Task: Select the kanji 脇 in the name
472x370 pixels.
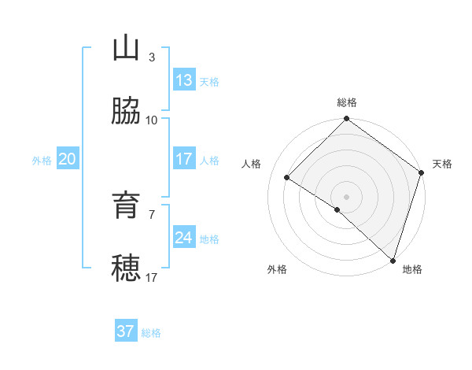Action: [x=126, y=112]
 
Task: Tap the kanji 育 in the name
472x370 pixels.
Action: [x=126, y=205]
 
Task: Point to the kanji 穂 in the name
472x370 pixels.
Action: [x=126, y=268]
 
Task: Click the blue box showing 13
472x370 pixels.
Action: [x=184, y=80]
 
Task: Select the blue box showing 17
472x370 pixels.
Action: [x=184, y=159]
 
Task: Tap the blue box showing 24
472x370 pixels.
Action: [x=184, y=238]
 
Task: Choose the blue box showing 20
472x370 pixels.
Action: [x=67, y=159]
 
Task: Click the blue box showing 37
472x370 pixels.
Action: [x=126, y=331]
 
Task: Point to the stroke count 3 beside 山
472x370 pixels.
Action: [x=152, y=57]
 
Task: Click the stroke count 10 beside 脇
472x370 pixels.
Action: [x=152, y=120]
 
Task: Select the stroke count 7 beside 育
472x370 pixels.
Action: [x=152, y=214]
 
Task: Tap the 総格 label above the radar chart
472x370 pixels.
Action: [x=347, y=102]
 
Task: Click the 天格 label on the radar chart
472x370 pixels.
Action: [x=442, y=164]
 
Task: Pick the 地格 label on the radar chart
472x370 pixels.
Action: [x=412, y=269]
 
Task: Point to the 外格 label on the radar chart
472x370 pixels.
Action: [x=277, y=269]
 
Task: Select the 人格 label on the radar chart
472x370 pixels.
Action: [x=252, y=164]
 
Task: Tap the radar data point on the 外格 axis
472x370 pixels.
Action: [x=337, y=209]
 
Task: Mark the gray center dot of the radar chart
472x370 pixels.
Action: [x=347, y=196]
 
